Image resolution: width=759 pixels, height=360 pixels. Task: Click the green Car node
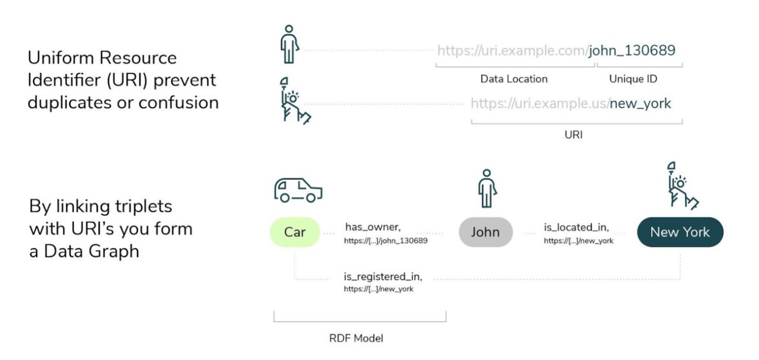tap(294, 232)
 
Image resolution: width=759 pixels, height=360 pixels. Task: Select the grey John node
tap(485, 232)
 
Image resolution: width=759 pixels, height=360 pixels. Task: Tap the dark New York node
tap(680, 232)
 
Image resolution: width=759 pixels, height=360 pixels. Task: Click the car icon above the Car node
tap(298, 189)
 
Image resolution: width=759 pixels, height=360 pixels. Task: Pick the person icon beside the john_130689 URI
tap(289, 44)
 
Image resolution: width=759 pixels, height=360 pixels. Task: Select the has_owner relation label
tap(373, 227)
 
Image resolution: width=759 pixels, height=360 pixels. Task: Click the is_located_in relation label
tap(576, 227)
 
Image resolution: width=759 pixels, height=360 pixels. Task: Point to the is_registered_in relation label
tap(383, 276)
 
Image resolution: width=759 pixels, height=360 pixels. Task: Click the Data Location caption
tap(514, 79)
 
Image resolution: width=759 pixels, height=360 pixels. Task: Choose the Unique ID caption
tap(633, 79)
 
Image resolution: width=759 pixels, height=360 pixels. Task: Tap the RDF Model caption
tap(356, 339)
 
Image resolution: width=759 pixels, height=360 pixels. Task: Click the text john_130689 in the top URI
tap(632, 50)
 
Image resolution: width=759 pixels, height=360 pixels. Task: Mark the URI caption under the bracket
tap(573, 135)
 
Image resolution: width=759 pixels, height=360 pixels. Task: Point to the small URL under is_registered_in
tap(378, 289)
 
